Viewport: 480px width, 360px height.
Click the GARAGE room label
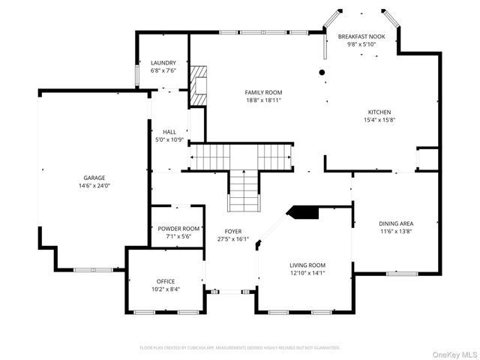94,178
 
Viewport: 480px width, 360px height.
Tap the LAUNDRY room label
163,63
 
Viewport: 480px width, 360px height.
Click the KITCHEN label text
379,112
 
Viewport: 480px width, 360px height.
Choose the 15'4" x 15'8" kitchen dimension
379,120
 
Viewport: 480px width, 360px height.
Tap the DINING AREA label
395,223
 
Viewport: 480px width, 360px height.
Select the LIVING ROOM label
307,265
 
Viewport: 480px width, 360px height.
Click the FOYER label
233,231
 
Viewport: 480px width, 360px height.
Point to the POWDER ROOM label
178,228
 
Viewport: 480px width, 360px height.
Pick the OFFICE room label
166,281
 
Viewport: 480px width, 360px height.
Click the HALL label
169,132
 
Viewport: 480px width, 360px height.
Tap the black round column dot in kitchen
322,72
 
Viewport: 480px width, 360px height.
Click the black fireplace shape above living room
304,212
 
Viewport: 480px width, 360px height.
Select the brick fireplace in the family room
198,85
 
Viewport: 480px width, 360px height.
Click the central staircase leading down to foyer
242,190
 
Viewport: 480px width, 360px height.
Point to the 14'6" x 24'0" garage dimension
94,186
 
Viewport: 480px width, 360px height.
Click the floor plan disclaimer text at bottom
240,348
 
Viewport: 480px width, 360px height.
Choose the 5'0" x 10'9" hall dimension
169,139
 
